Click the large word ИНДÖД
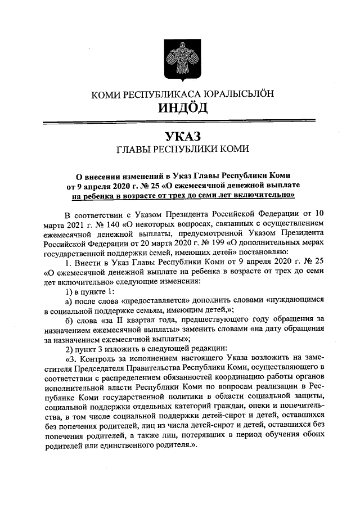click(179, 108)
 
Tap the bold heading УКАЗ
click(179, 136)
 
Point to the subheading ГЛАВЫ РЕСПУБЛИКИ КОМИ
click(179, 150)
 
